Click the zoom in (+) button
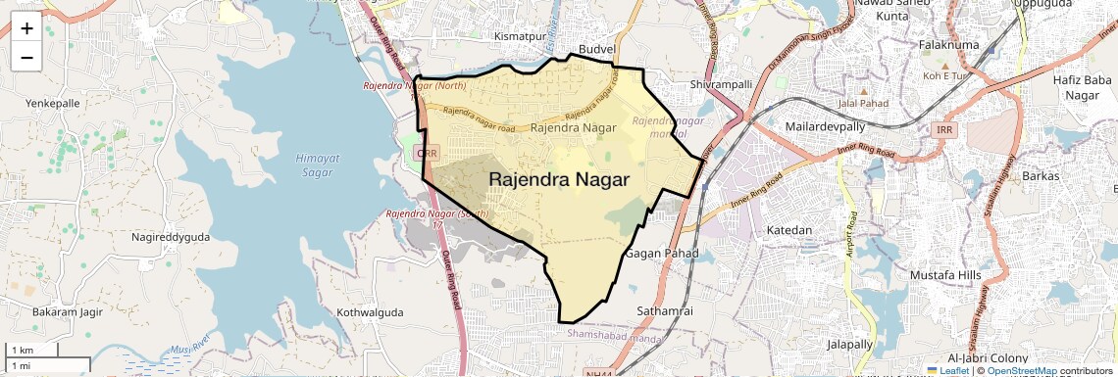point(26,28)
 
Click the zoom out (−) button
point(26,57)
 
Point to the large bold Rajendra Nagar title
point(558,180)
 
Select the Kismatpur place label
point(519,36)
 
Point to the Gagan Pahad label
point(662,253)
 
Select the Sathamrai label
point(665,310)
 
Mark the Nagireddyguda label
point(171,237)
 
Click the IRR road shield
point(944,130)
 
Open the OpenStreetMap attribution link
point(1021,371)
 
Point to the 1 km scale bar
point(32,350)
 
